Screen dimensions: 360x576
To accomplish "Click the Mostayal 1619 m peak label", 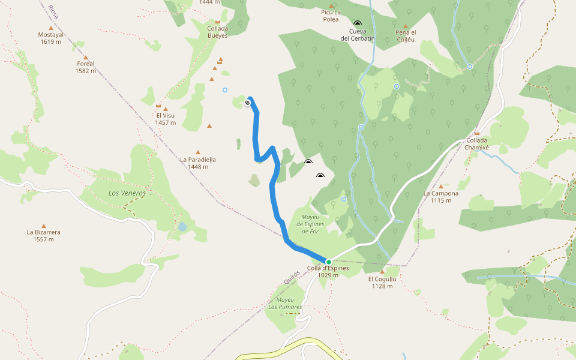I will (51, 38).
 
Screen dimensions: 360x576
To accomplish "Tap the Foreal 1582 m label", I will (86, 67).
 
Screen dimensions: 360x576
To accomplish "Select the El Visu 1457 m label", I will (166, 119).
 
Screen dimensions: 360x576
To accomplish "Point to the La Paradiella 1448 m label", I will (198, 163).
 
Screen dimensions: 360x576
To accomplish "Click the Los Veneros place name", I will (127, 193).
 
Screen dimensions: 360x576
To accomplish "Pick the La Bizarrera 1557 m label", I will (43, 235).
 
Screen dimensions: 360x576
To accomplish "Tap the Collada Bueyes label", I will (217, 32).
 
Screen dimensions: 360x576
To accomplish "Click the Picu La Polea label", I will (331, 16).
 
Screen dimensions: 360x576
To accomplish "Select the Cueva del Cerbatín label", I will (358, 35).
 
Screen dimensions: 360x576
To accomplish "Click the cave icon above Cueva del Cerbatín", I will (358, 23).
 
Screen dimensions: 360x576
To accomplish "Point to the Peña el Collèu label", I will (406, 36).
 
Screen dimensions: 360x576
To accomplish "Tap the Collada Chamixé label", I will (478, 144).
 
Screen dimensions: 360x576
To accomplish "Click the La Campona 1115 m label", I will (440, 197).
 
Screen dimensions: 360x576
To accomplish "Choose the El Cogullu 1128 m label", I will (382, 282).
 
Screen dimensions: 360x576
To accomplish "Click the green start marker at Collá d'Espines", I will (328, 262).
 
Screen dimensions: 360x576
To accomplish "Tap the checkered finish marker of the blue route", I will (247, 103).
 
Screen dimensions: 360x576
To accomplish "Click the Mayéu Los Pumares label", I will (285, 303).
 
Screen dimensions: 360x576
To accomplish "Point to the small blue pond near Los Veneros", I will (182, 227).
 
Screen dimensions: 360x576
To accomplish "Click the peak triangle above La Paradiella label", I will (198, 152).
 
